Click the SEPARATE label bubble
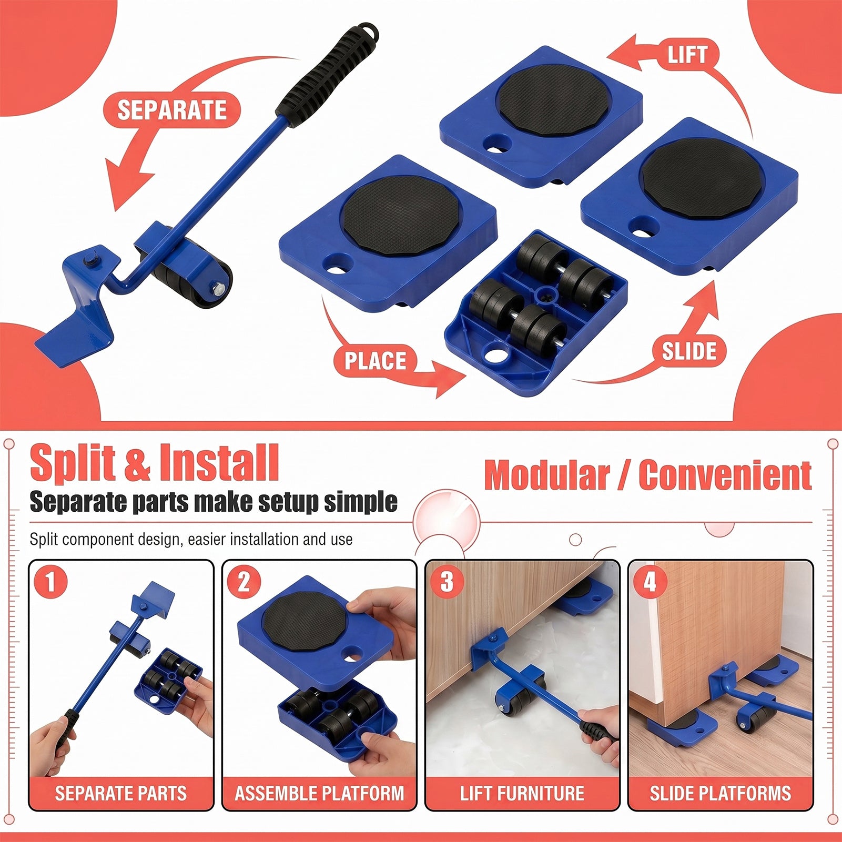pyautogui.click(x=171, y=110)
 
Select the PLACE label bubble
pyautogui.click(x=375, y=361)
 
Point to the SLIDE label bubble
pyautogui.click(x=689, y=351)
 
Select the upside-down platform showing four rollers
pyautogui.click(x=536, y=312)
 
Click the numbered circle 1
pyautogui.click(x=50, y=582)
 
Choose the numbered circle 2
pyautogui.click(x=244, y=582)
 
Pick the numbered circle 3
pyautogui.click(x=447, y=582)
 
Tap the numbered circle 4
pyautogui.click(x=650, y=582)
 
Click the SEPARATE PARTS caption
pyautogui.click(x=121, y=793)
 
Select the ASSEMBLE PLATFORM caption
pyautogui.click(x=319, y=793)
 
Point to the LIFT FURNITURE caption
pyautogui.click(x=522, y=793)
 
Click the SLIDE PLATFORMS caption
pyautogui.click(x=721, y=793)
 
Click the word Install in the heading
pyautogui.click(x=219, y=462)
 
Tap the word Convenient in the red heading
pyautogui.click(x=725, y=475)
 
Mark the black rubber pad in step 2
pyautogui.click(x=305, y=615)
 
